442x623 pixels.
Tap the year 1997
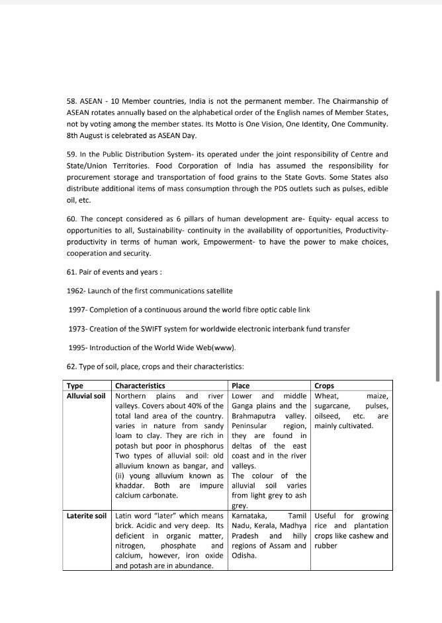coord(77,310)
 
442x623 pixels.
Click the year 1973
coord(77,329)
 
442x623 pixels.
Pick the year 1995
coord(77,348)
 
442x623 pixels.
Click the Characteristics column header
coord(140,386)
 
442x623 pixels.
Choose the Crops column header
coord(324,386)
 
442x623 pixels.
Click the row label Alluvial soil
coord(86,396)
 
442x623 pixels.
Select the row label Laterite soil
coord(86,515)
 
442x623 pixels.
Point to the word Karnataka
coord(249,515)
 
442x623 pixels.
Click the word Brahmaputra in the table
coord(255,416)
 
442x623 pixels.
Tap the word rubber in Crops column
coord(326,546)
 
